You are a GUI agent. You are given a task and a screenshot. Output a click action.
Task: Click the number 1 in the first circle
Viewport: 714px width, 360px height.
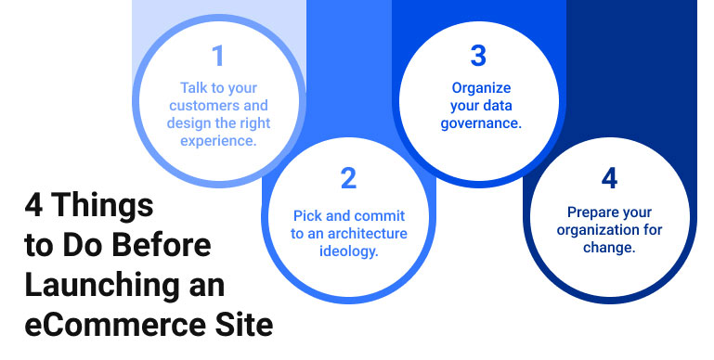click(x=218, y=58)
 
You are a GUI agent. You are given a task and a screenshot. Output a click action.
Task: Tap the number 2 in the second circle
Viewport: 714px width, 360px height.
click(x=348, y=179)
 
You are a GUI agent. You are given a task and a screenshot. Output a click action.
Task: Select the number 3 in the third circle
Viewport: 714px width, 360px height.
click(x=478, y=57)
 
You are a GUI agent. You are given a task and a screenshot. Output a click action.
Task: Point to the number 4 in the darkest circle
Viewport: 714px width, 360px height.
click(x=610, y=177)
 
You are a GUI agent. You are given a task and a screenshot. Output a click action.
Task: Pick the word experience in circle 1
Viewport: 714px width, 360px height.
click(x=219, y=142)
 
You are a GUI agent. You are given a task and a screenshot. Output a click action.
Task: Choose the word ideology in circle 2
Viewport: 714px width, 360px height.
click(x=348, y=251)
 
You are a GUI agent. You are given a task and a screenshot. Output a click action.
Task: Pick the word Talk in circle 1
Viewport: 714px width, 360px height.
click(x=194, y=89)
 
